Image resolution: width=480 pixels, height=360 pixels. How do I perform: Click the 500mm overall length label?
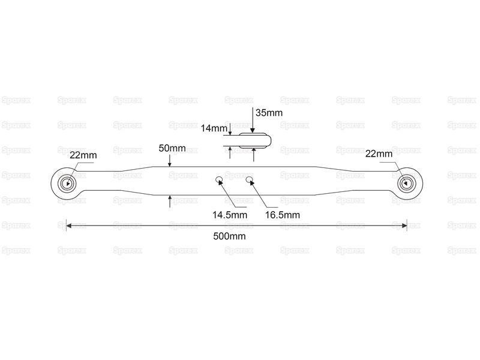(x=229, y=236)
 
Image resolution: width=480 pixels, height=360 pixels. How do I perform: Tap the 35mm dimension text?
(x=269, y=113)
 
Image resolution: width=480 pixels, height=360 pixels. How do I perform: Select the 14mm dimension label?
(x=214, y=128)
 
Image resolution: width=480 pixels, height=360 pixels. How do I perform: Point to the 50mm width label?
(x=172, y=148)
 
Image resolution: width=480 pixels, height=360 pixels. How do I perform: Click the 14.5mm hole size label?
(x=230, y=215)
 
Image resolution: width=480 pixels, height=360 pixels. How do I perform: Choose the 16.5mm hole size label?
(x=283, y=215)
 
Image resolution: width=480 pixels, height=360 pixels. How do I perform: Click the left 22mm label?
(x=83, y=155)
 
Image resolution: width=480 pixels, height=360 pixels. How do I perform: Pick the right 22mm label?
(x=379, y=154)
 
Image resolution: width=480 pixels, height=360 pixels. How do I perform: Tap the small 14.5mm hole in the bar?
(x=218, y=179)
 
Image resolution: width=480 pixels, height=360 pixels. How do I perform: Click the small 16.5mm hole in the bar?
(x=250, y=179)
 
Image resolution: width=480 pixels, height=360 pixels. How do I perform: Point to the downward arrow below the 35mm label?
(x=253, y=120)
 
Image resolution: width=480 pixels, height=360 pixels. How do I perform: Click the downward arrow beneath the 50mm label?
(x=170, y=161)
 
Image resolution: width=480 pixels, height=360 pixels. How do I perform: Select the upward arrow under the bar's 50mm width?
(x=170, y=202)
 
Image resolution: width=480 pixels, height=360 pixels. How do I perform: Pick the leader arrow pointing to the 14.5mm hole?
(x=228, y=193)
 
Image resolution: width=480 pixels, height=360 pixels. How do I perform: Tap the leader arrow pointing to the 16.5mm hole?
(x=260, y=193)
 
